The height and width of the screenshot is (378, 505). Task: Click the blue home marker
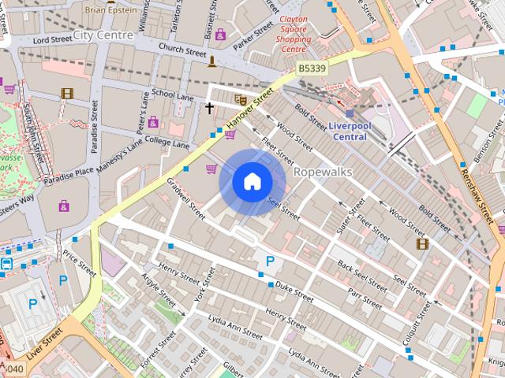tap(252, 182)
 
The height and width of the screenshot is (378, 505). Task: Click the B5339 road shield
tap(312, 70)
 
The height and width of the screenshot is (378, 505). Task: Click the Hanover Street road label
tap(249, 109)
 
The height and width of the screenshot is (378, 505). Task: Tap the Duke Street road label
tap(294, 294)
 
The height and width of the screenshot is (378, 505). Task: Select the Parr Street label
tap(365, 298)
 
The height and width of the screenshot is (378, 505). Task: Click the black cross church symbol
tap(210, 108)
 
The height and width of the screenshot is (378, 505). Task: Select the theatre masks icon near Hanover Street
tap(241, 99)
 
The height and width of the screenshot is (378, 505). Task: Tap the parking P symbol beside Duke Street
tap(270, 261)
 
